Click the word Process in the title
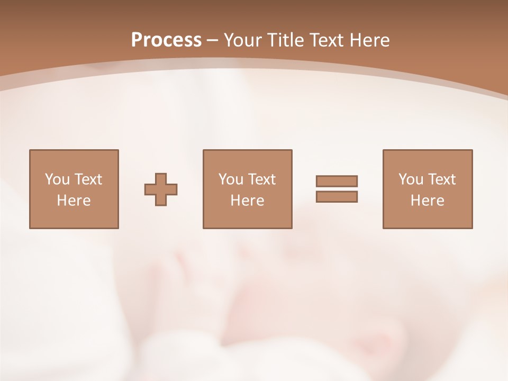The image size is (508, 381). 166,40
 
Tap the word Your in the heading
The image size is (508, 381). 243,40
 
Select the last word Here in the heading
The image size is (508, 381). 369,40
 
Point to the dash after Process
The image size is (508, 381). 212,40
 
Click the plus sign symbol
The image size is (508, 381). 161,189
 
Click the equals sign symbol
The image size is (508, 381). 337,189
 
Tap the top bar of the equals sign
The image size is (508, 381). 337,182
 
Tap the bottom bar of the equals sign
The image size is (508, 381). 337,196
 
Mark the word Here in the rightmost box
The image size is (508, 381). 427,201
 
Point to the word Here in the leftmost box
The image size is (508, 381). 74,201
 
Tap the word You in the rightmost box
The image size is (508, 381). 411,179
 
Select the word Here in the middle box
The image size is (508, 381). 247,201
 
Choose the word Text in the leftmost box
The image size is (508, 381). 88,179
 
